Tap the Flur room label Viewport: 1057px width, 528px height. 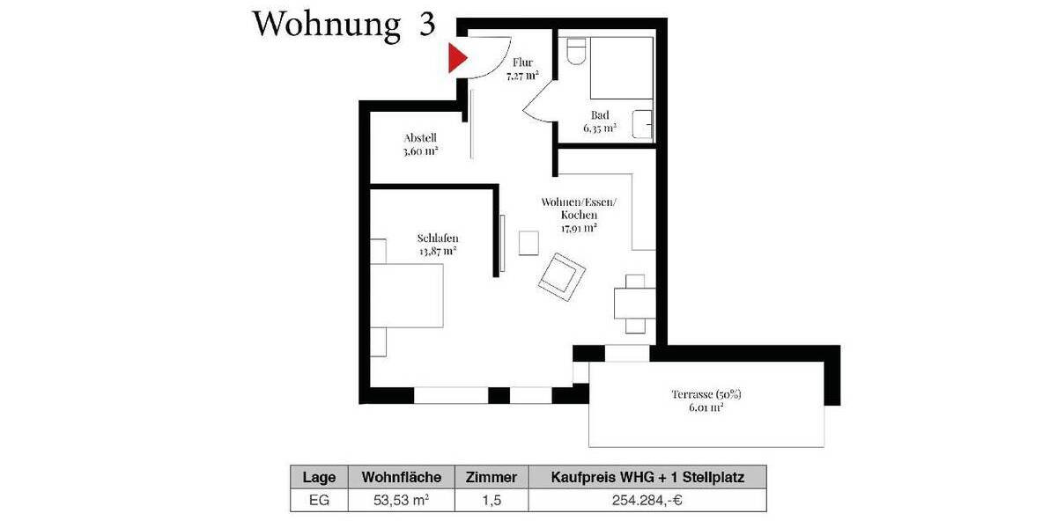(522, 70)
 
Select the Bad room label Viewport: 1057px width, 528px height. (599, 121)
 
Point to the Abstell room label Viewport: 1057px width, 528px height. (420, 144)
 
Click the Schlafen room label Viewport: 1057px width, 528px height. (438, 244)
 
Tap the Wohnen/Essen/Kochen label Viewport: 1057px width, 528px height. (579, 215)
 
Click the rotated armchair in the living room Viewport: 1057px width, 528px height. (562, 275)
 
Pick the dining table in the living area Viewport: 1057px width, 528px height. (635, 304)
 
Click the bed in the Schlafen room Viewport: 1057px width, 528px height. (406, 296)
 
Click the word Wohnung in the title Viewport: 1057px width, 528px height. (327, 25)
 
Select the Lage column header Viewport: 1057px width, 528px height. (319, 478)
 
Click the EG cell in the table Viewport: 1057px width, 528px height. (319, 501)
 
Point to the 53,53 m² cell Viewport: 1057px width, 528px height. (401, 501)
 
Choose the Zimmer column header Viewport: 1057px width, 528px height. (491, 478)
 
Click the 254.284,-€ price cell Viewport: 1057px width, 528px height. (647, 501)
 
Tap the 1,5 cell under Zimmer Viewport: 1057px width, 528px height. (491, 501)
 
